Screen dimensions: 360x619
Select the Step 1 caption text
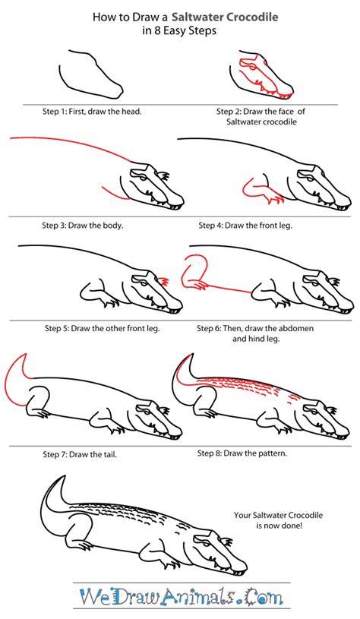tap(92, 112)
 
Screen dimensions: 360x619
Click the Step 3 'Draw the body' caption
tap(83, 226)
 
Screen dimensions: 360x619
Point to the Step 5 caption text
tap(103, 328)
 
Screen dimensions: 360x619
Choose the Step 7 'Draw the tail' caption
tap(80, 454)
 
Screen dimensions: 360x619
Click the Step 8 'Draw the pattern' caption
tap(242, 453)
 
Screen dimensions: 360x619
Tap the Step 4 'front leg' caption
tap(245, 226)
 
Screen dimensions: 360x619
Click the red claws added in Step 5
tap(164, 281)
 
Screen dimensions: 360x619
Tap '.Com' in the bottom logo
tap(263, 597)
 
